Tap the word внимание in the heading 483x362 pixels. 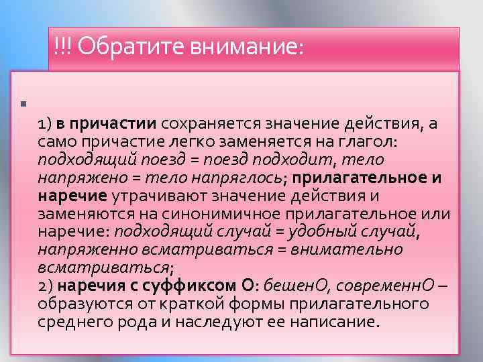(239, 47)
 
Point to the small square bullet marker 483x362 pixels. (23, 104)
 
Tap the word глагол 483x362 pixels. (390, 143)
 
